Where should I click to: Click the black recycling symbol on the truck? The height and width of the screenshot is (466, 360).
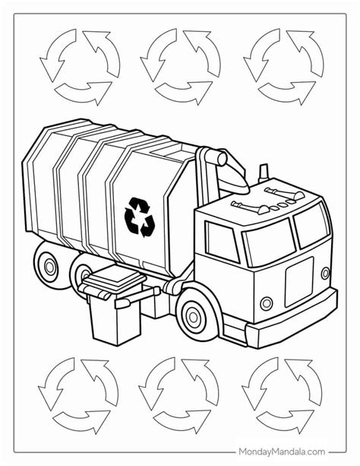click(x=139, y=217)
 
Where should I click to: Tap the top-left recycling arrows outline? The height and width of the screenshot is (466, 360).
click(x=79, y=67)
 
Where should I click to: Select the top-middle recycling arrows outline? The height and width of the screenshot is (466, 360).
click(x=180, y=67)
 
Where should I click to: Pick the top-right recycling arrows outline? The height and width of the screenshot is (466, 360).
click(x=282, y=67)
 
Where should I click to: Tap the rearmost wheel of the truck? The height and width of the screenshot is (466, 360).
click(x=49, y=265)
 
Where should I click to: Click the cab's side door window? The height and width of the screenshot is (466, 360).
click(x=222, y=243)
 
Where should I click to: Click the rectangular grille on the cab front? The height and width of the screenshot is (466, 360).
click(x=298, y=281)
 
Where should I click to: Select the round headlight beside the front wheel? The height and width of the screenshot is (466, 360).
click(x=267, y=303)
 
